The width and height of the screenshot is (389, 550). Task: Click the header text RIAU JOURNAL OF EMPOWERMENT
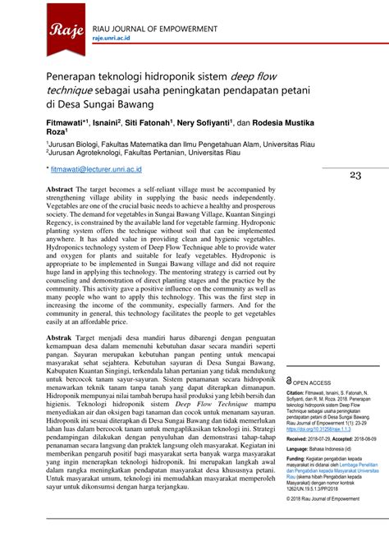coord(154,26)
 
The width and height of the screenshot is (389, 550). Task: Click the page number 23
coord(355,175)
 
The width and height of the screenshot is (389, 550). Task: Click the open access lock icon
coord(289,382)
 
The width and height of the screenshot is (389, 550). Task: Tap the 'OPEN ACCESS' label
coord(313,383)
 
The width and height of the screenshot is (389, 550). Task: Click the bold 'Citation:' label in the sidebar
coord(299,393)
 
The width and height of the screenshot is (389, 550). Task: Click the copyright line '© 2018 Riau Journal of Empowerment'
coord(327,498)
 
